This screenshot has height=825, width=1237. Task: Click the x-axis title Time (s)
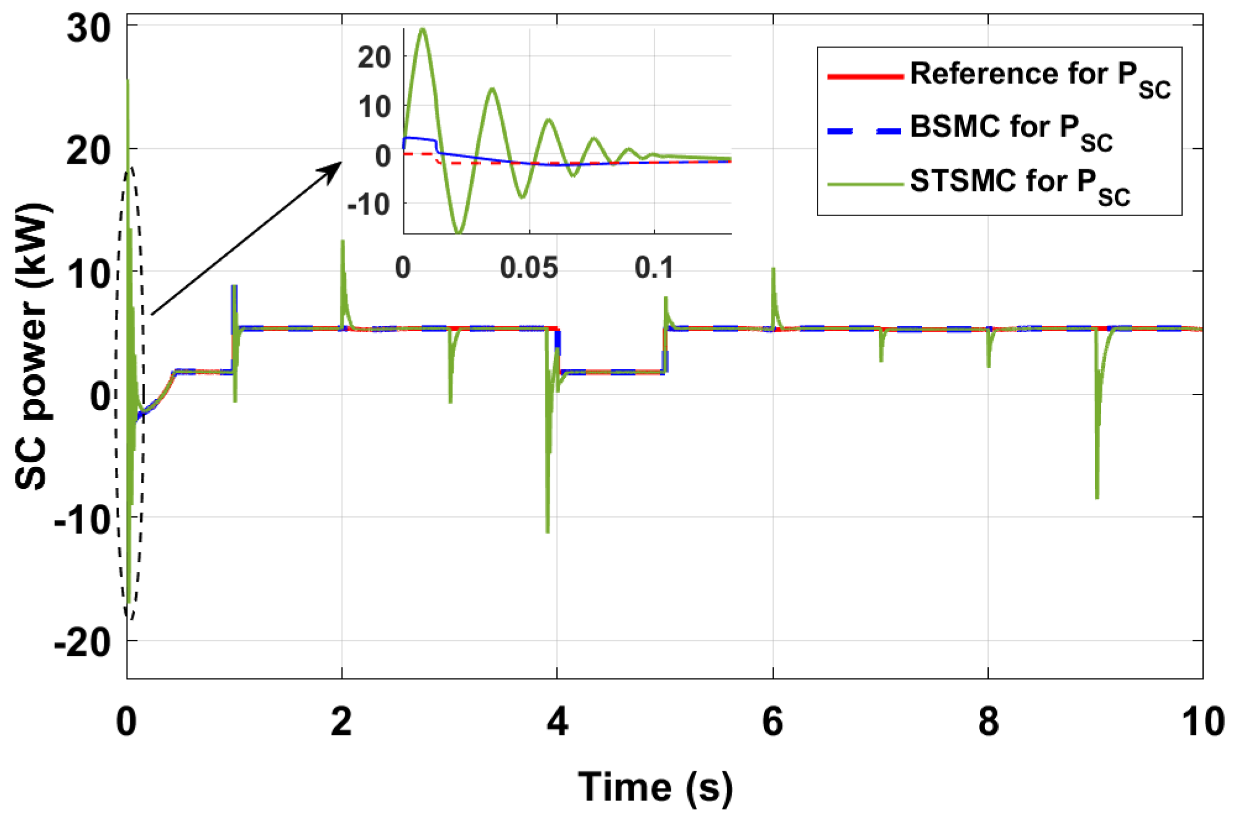(x=655, y=788)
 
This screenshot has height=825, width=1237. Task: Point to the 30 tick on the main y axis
(x=89, y=28)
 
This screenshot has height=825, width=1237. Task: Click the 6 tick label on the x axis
(x=773, y=721)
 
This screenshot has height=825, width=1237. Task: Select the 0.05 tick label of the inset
(x=529, y=268)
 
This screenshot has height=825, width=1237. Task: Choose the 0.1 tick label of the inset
(x=655, y=268)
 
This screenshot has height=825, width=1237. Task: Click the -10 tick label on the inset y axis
(x=369, y=204)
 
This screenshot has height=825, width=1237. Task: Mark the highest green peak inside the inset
(x=422, y=30)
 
